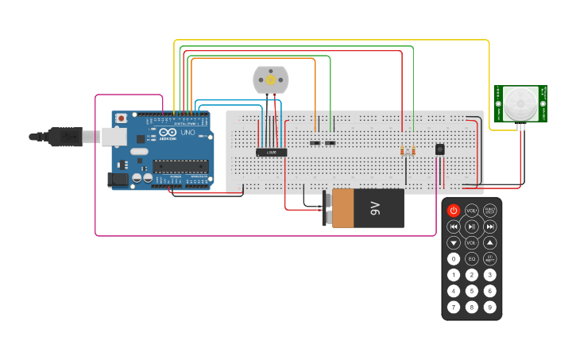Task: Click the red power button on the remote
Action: tap(454, 211)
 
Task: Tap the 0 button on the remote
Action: tap(454, 259)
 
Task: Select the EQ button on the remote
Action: tap(472, 259)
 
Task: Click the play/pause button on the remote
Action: tap(472, 226)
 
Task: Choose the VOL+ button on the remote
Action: tap(472, 211)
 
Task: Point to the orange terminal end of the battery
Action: tap(342, 208)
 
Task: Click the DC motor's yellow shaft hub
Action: tap(271, 79)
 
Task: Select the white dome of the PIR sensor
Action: tap(520, 103)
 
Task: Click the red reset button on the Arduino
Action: tap(121, 118)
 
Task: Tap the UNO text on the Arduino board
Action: tap(188, 133)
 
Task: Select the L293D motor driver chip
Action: tap(271, 152)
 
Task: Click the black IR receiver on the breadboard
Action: tap(439, 149)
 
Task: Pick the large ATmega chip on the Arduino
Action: tap(180, 166)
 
